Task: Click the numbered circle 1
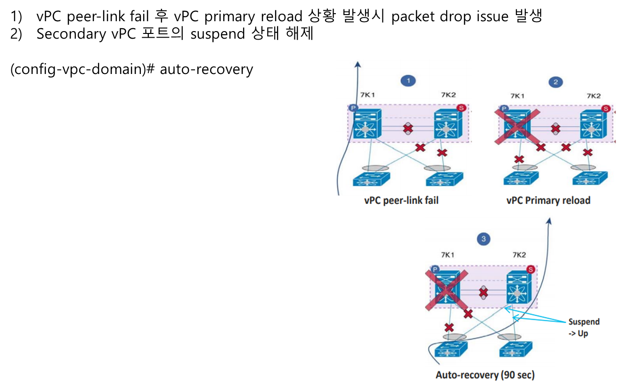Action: tap(408, 81)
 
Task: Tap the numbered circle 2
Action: tap(556, 82)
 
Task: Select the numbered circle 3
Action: tap(484, 239)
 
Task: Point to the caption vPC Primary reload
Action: tap(548, 200)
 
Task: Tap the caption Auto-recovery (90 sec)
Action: tap(485, 375)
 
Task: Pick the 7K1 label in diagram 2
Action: tap(517, 96)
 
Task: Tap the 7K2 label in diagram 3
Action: tap(519, 255)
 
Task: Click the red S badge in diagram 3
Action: tap(530, 270)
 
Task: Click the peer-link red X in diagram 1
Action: tap(407, 129)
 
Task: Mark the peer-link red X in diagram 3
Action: tap(482, 293)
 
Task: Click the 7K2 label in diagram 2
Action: tap(594, 96)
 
